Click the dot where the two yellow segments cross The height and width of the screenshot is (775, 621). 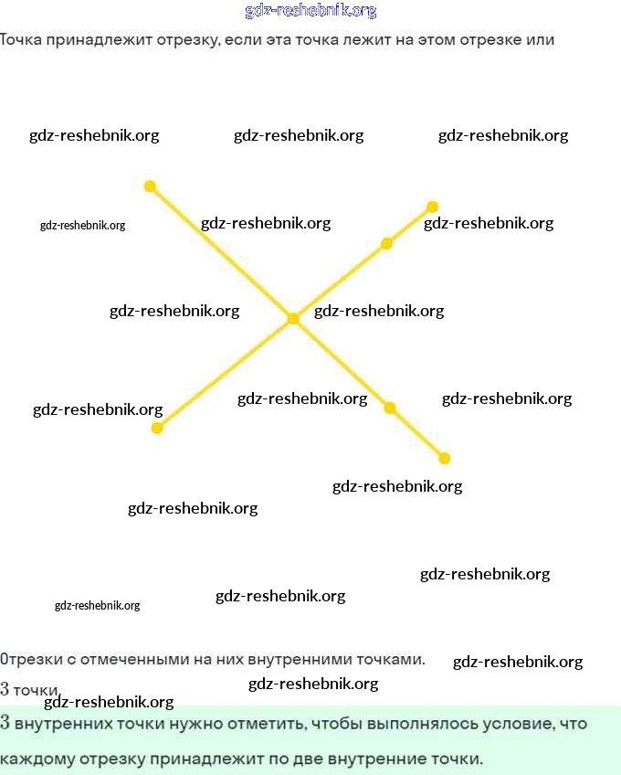click(x=293, y=319)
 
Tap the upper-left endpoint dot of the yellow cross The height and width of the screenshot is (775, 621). click(x=151, y=186)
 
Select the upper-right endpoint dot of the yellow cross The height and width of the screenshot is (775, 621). click(x=432, y=207)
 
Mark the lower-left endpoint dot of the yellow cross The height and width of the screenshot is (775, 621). click(x=157, y=428)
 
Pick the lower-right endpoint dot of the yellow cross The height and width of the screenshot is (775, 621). click(x=445, y=459)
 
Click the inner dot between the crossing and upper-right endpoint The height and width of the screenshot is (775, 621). click(x=386, y=243)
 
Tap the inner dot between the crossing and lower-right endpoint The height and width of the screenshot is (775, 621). click(x=390, y=408)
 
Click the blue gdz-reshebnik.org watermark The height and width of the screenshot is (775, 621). click(x=310, y=11)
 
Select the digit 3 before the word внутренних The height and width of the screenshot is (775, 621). click(x=5, y=724)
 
